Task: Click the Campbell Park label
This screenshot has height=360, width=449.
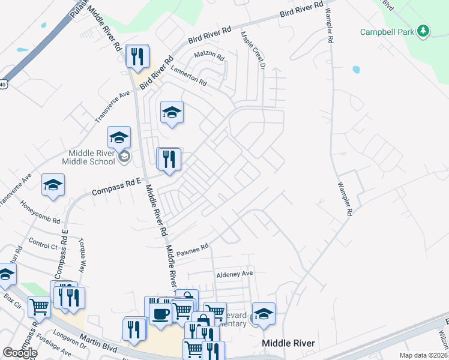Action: (x=387, y=31)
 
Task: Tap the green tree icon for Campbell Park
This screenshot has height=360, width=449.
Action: (x=424, y=31)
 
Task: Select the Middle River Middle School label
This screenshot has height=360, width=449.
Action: (x=88, y=157)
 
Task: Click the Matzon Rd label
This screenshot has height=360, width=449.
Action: (x=209, y=57)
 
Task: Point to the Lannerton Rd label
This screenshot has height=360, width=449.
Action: (x=188, y=74)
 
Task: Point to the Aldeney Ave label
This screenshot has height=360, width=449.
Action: (x=235, y=274)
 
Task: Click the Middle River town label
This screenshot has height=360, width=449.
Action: (x=289, y=343)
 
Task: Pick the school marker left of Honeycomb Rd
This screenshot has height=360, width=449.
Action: (x=53, y=185)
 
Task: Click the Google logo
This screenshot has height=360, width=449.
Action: (x=20, y=353)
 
